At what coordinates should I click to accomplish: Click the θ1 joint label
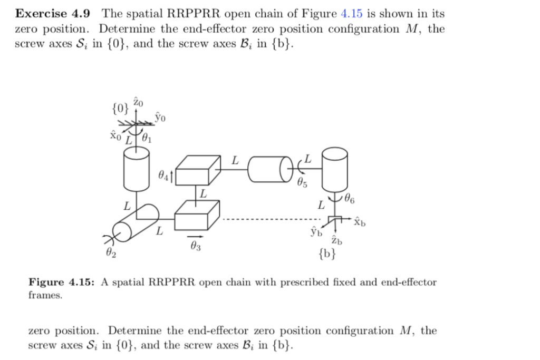click(148, 139)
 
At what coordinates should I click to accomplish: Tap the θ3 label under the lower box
click(195, 246)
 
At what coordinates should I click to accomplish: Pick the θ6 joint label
click(349, 199)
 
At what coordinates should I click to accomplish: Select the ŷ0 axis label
click(160, 116)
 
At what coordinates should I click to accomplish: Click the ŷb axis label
click(316, 231)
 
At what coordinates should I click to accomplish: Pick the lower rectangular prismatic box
click(196, 216)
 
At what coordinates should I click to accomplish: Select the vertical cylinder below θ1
click(136, 167)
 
